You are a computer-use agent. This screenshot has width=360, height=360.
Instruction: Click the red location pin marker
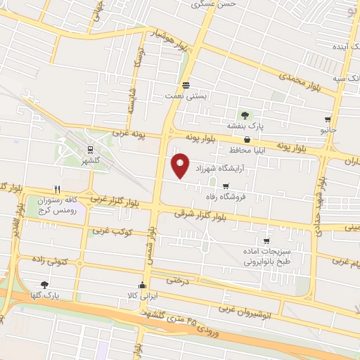181,165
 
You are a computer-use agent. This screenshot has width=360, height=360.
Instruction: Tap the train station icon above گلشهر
89,149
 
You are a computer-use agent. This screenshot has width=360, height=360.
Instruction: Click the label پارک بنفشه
245,126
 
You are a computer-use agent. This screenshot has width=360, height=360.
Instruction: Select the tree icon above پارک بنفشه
245,115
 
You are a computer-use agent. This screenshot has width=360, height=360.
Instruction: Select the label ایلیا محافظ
245,150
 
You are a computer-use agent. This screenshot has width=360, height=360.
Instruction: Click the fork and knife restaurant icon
58,189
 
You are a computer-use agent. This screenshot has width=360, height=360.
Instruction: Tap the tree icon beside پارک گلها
45,285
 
